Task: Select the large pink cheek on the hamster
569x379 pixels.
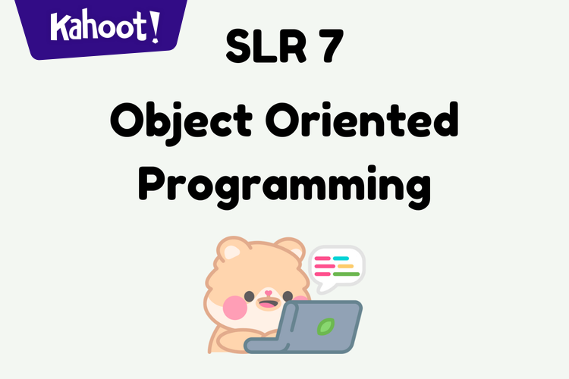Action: (x=235, y=308)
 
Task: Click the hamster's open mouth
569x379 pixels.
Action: (x=266, y=305)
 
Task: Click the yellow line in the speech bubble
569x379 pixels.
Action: (x=345, y=266)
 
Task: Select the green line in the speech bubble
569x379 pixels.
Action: (x=346, y=274)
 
